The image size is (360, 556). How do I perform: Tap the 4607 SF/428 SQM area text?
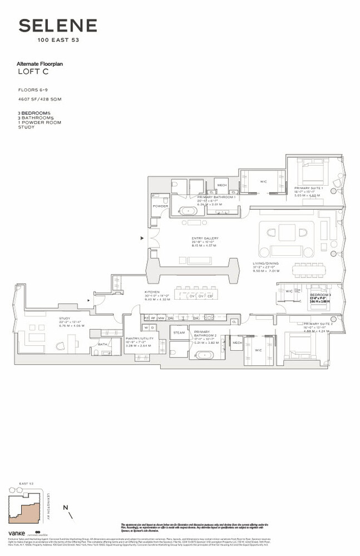pyautogui.click(x=38, y=100)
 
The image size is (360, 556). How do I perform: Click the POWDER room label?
pyautogui.click(x=160, y=206)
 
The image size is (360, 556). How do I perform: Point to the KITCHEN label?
pyautogui.click(x=152, y=292)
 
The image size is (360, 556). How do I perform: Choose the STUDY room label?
pyautogui.click(x=66, y=319)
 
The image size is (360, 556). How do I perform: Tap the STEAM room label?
pyautogui.click(x=179, y=332)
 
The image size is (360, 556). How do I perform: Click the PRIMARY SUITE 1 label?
pyautogui.click(x=308, y=189)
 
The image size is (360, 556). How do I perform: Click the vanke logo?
pyautogui.click(x=16, y=533)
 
